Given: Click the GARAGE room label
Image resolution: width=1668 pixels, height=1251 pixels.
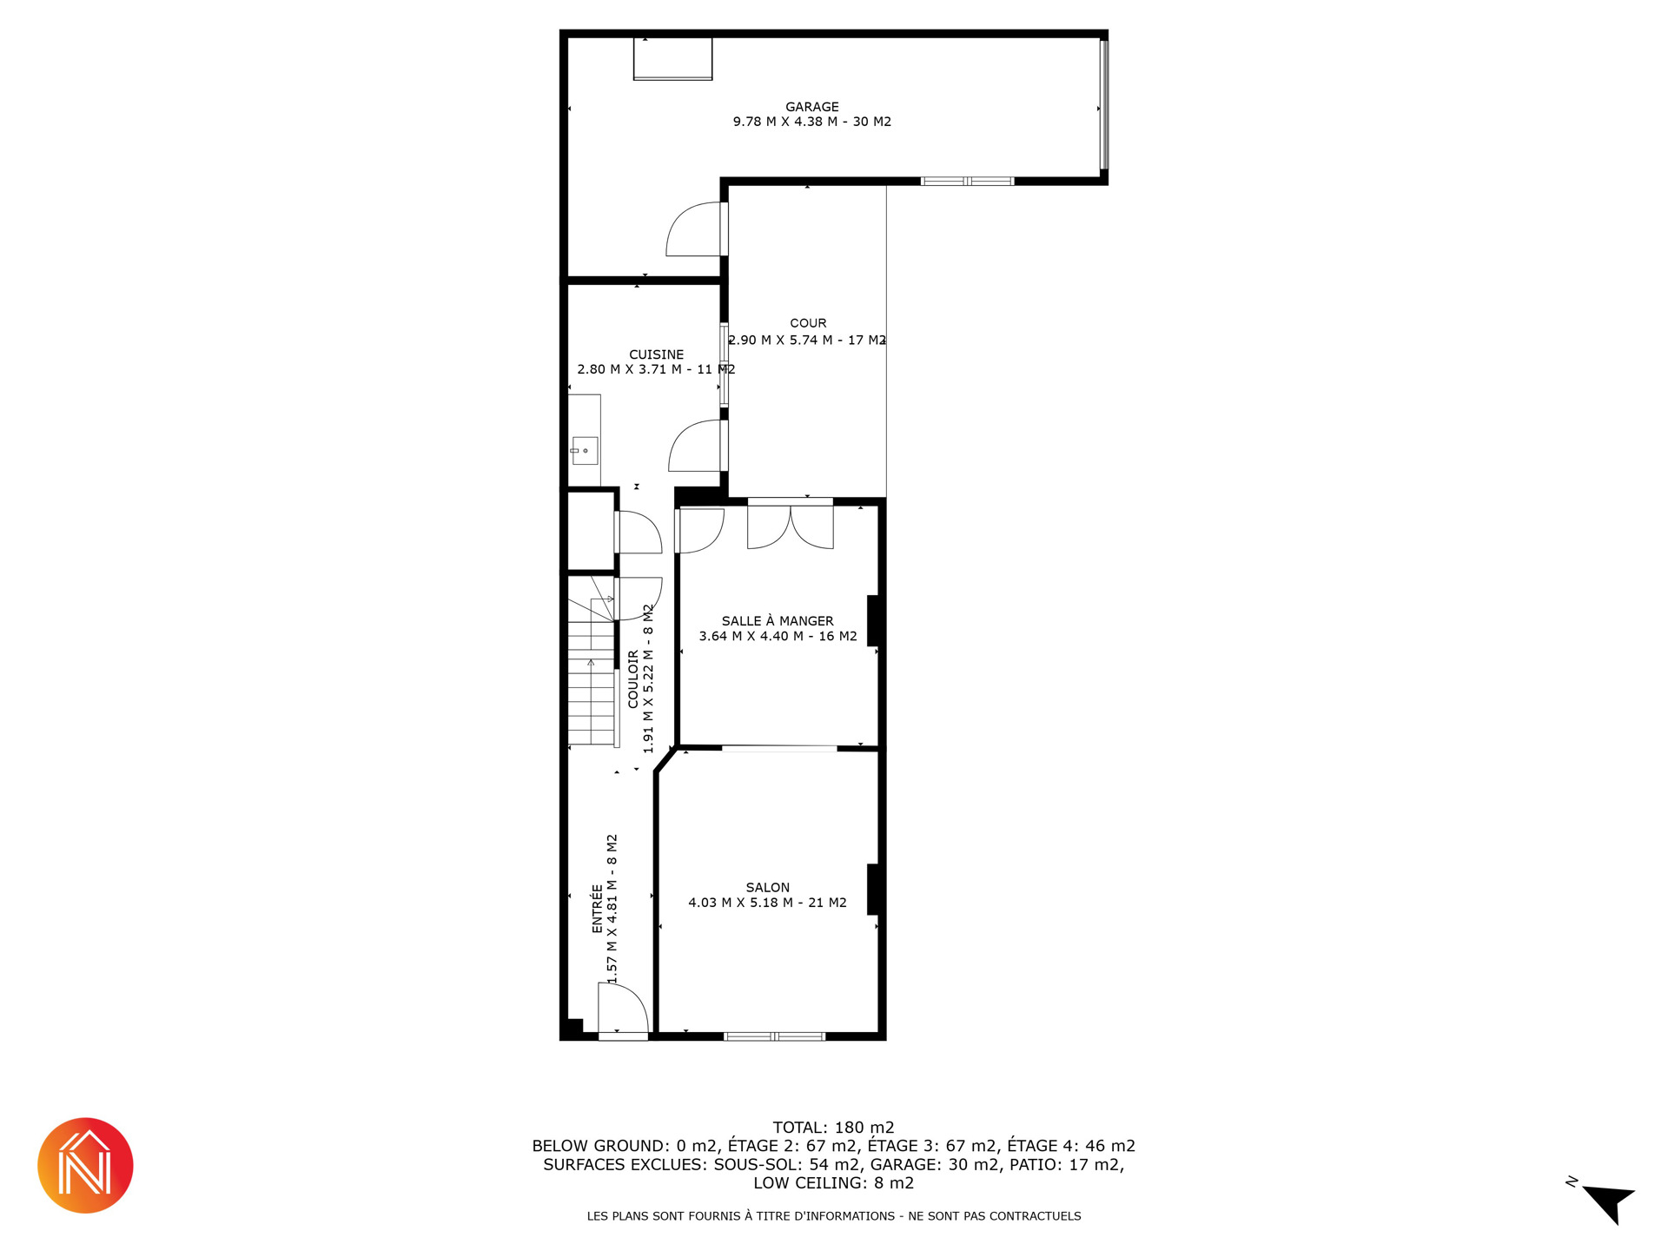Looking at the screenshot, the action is point(812,107).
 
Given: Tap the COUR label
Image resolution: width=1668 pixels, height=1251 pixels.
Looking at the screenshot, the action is point(808,323).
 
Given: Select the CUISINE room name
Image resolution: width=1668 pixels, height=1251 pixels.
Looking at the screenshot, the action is point(657,354).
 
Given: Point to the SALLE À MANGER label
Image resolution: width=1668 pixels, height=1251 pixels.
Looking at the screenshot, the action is point(778,620).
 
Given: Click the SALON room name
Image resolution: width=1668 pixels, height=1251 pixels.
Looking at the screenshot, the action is point(768,887).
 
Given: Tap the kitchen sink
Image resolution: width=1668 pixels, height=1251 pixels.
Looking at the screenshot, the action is point(585,450).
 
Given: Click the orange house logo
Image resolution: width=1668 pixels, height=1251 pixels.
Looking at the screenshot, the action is point(85,1165).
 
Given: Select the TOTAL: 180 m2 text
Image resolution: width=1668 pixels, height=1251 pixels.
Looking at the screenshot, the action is point(834,1128).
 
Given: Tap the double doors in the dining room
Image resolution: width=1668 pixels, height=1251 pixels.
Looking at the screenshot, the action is point(791,526).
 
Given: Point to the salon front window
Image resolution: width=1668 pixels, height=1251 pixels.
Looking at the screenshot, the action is point(774,1036).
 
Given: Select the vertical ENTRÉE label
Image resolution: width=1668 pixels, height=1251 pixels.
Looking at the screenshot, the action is point(597,909).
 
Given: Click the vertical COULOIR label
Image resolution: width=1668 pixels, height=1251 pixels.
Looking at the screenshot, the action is point(633,678).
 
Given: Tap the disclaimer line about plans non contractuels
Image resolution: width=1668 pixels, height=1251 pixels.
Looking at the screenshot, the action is point(834,1216).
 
